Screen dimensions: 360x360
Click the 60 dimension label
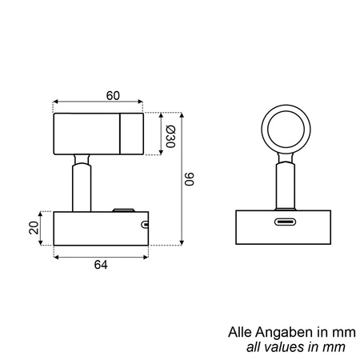click(x=113, y=96)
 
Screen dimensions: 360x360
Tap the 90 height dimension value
click(x=190, y=179)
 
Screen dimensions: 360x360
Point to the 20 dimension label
click(x=34, y=227)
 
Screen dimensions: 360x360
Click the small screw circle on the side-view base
click(x=144, y=225)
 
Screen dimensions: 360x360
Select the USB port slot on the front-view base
click(x=285, y=222)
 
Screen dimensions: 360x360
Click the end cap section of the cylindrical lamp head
click(x=131, y=134)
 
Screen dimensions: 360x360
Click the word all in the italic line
click(x=253, y=346)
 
